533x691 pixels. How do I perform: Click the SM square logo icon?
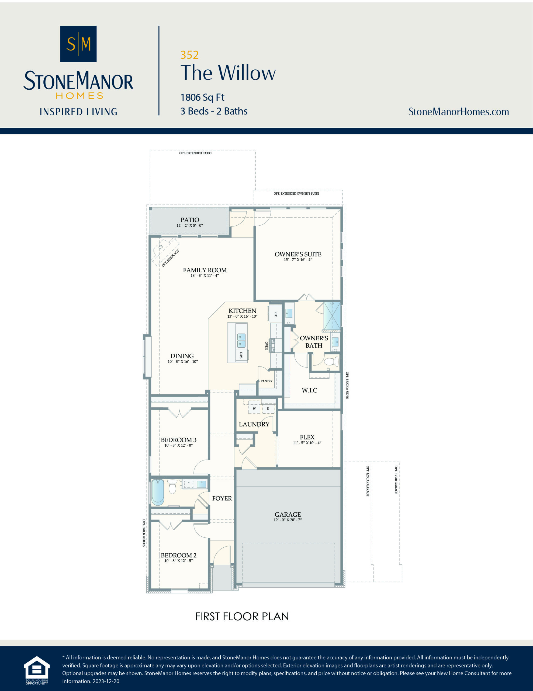pos(78,44)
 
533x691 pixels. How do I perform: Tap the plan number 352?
pos(189,55)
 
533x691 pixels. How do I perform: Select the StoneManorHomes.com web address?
pos(458,111)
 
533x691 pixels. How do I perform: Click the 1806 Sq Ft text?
pos(202,97)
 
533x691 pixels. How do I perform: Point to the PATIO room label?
pos(189,219)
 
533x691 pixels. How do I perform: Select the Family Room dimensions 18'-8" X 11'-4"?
pos(205,276)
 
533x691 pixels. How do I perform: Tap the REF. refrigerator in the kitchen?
pos(275,314)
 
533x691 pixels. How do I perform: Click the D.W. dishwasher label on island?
pos(241,355)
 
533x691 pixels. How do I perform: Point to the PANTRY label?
pos(266,381)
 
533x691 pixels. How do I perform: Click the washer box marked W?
pos(254,408)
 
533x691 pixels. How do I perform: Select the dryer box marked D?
pos(268,408)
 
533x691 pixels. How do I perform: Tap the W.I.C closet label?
pos(309,390)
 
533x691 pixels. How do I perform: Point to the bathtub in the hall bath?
pos(158,492)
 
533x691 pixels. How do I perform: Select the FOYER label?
pos(222,498)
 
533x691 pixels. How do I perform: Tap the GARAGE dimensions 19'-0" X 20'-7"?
pos(288,520)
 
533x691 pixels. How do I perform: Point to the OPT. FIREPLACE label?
pos(170,258)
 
